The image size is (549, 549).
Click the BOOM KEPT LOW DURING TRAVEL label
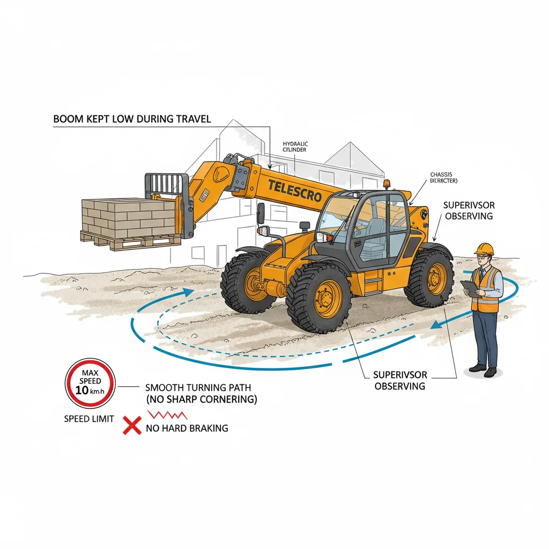tap(132, 118)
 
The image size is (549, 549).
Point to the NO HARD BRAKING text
tap(187, 428)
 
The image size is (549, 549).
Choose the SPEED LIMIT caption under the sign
tap(89, 419)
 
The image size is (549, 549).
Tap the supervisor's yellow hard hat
tap(485, 248)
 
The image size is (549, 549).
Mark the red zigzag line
tap(167, 415)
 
